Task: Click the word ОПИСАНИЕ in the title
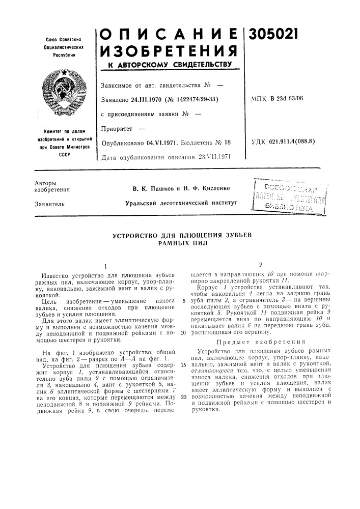tap(169, 32)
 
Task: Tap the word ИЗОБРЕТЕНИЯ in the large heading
tap(169, 50)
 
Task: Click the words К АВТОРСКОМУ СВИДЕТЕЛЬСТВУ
tap(169, 65)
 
